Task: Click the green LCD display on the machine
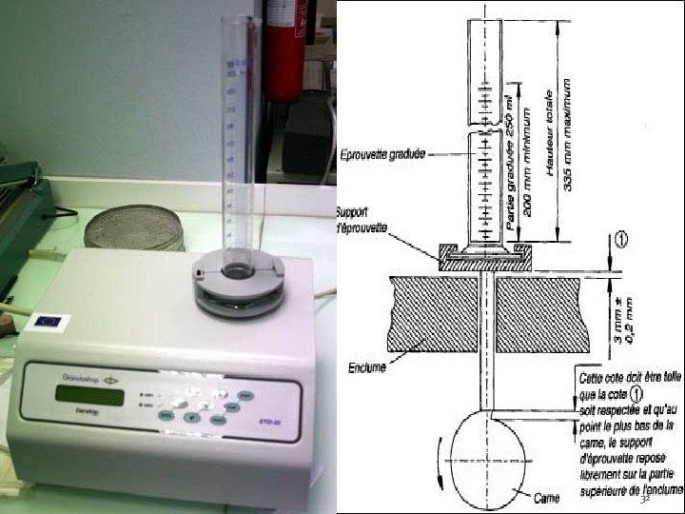(89, 393)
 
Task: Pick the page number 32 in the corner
(644, 499)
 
